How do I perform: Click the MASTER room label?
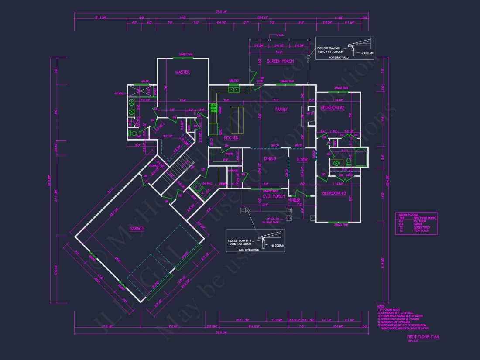pyautogui.click(x=182, y=72)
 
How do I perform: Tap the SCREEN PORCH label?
pyautogui.click(x=280, y=62)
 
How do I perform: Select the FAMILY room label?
pyautogui.click(x=281, y=110)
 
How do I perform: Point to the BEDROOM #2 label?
pyautogui.click(x=333, y=108)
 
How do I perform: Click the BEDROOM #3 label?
pyautogui.click(x=334, y=193)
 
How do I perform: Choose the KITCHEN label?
pyautogui.click(x=231, y=138)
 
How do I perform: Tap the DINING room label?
pyautogui.click(x=270, y=158)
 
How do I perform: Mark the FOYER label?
pyautogui.click(x=302, y=160)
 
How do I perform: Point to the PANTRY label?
pyautogui.click(x=228, y=153)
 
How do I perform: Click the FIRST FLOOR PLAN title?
pyautogui.click(x=423, y=336)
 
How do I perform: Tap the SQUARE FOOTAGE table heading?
pyautogui.click(x=406, y=215)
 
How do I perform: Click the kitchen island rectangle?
pyautogui.click(x=237, y=120)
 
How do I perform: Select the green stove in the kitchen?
pyautogui.click(x=214, y=108)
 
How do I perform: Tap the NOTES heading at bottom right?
pyautogui.click(x=381, y=307)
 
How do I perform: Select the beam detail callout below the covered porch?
pyautogui.click(x=253, y=241)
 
